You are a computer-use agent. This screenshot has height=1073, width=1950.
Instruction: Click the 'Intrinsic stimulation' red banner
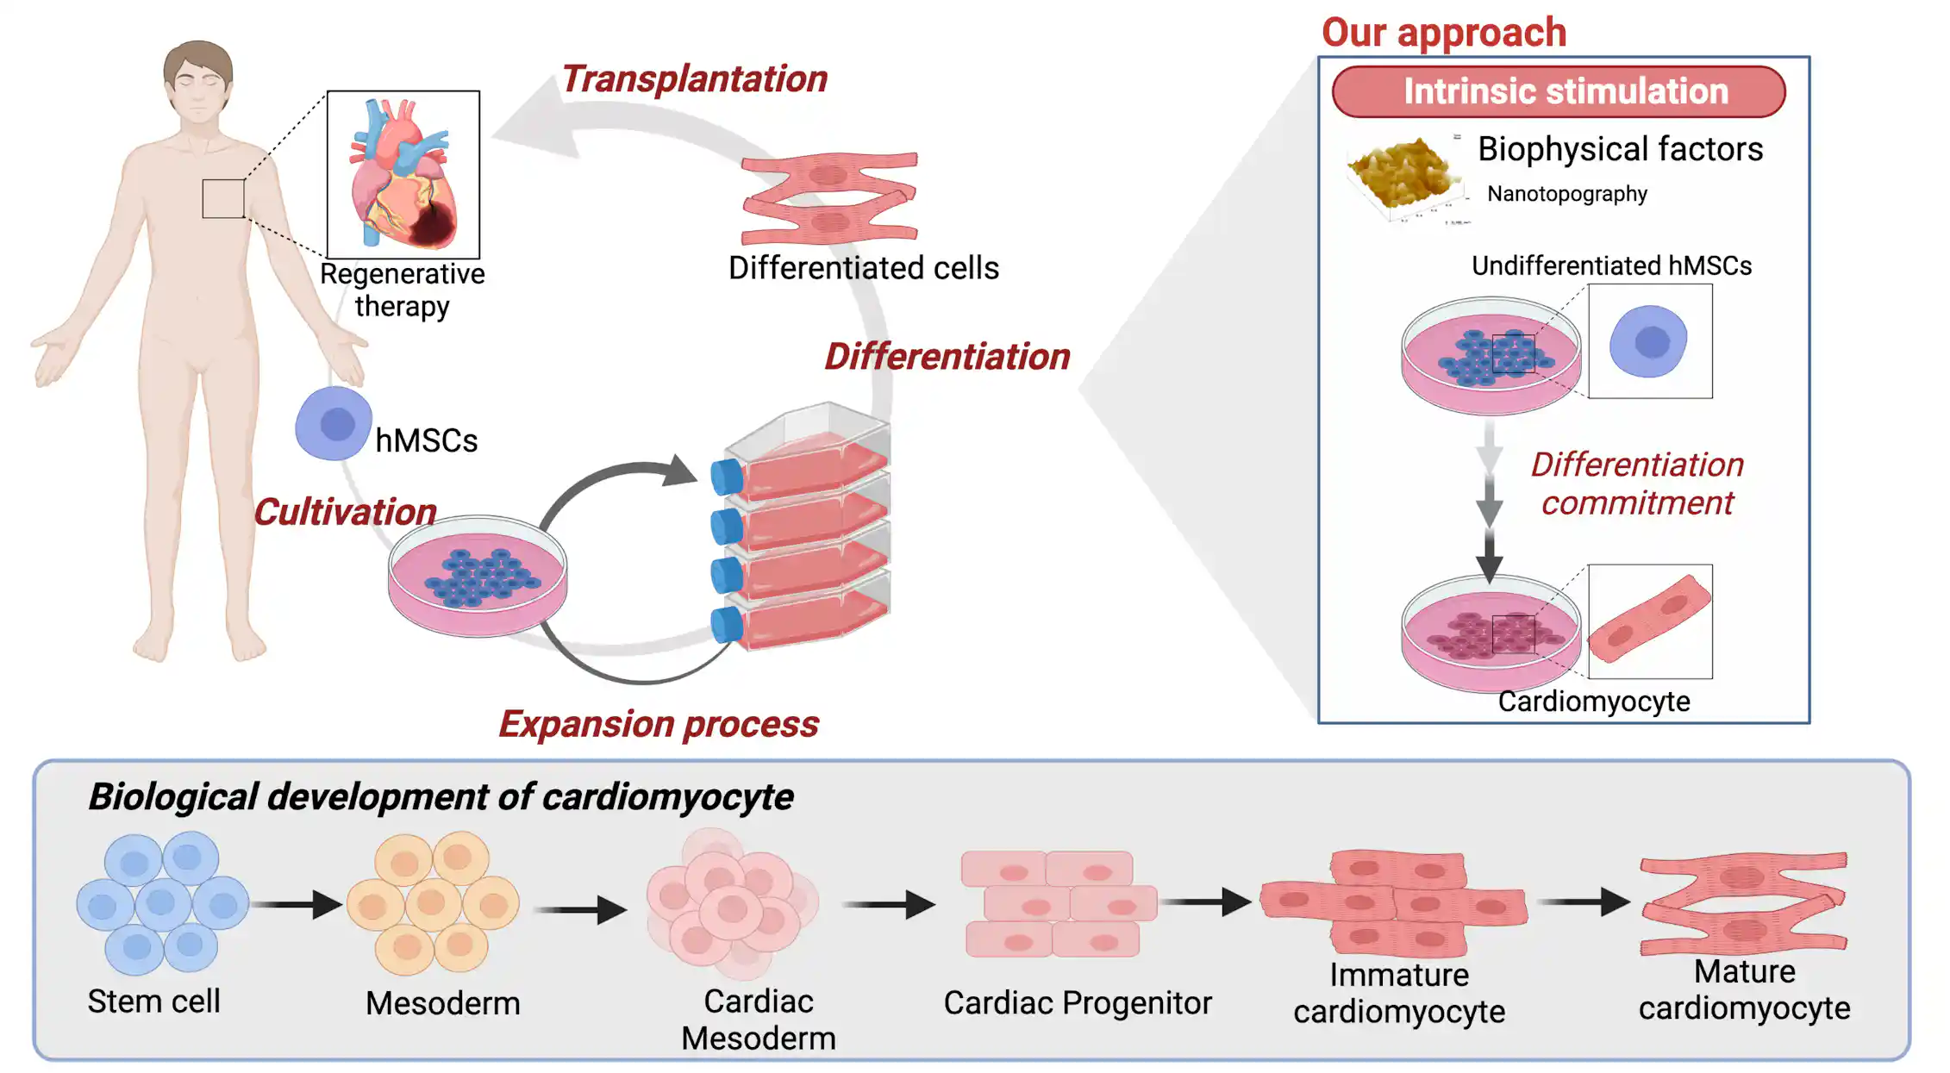tap(1558, 91)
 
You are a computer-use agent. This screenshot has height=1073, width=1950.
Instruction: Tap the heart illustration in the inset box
tap(403, 175)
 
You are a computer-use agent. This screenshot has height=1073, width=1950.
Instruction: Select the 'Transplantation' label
tap(694, 79)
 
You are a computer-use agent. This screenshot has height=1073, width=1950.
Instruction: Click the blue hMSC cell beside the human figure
tap(334, 423)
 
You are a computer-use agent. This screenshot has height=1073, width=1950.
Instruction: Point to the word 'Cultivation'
tap(345, 512)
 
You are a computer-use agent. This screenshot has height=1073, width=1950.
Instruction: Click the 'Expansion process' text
tap(659, 724)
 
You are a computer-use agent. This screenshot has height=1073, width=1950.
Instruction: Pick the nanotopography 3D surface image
tap(1403, 177)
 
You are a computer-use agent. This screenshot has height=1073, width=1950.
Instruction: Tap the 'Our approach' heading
tap(1444, 33)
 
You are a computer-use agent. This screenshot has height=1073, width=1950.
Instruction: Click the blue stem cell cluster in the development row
tap(162, 903)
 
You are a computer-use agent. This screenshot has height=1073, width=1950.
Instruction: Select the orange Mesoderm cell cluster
tap(433, 903)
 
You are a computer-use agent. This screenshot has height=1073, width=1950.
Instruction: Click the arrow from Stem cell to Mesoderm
tap(297, 904)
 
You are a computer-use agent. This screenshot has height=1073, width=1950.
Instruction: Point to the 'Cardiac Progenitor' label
tap(1078, 1003)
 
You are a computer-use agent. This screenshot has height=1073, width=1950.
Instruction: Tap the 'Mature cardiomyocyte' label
tap(1744, 990)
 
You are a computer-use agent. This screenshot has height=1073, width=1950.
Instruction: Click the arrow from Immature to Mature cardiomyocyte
tap(1584, 902)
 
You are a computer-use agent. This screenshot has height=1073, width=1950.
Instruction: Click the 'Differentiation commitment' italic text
tap(1636, 483)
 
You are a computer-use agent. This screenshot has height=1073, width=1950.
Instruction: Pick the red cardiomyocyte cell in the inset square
tap(1649, 621)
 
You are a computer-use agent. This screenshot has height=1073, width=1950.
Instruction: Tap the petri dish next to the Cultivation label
tap(478, 576)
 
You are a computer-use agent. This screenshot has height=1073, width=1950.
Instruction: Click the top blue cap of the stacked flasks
tap(727, 477)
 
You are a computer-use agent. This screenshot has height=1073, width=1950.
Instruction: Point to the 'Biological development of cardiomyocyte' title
tap(441, 796)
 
